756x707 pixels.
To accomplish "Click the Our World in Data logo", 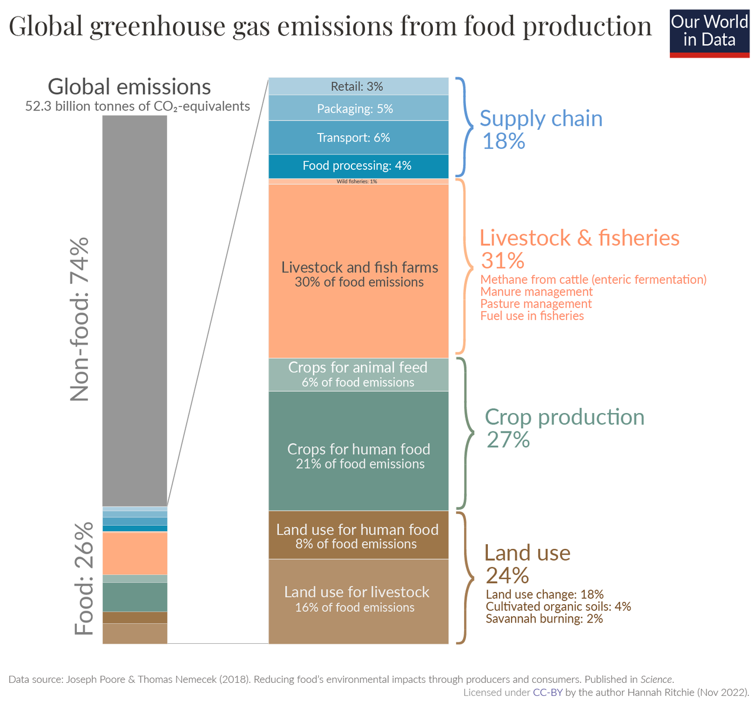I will pos(709,32).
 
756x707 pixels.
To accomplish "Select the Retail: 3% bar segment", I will pos(358,86).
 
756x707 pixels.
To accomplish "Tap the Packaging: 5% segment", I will pos(358,109).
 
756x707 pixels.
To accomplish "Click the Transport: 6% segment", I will pos(358,138).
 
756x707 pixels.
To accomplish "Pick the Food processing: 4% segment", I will pos(358,166).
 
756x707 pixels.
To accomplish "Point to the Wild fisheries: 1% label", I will pos(357,182).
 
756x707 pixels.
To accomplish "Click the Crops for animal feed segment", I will pos(358,375).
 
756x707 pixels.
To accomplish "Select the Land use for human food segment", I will pos(358,535).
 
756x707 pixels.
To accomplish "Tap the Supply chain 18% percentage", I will pos(503,142).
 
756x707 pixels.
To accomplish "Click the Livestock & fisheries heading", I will pos(579,237).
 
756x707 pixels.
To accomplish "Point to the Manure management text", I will pos(536,292).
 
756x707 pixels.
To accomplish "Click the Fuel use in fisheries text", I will pos(532,316).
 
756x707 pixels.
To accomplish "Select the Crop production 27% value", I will pos(508,440).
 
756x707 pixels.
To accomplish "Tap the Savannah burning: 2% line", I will pos(544,619).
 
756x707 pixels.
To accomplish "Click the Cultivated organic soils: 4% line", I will pos(558,607).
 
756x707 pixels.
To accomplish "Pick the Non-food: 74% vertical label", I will pos(79,319).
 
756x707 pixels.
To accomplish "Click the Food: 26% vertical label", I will pos(84,579).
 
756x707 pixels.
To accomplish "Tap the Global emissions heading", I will pos(129,87).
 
